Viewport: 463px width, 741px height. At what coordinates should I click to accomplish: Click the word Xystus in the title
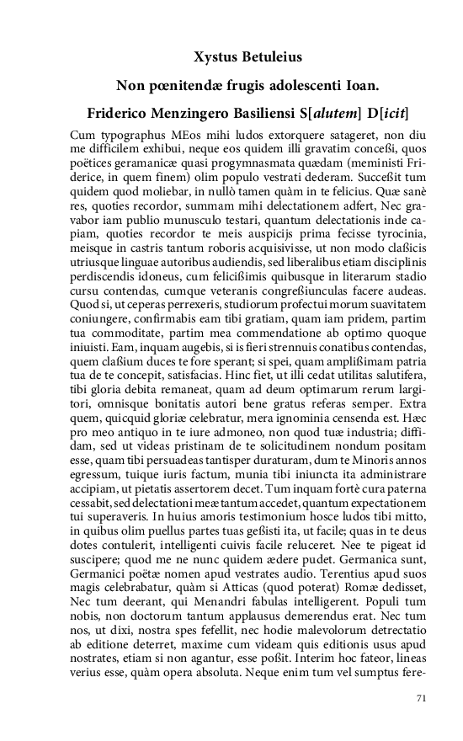click(x=215, y=57)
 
